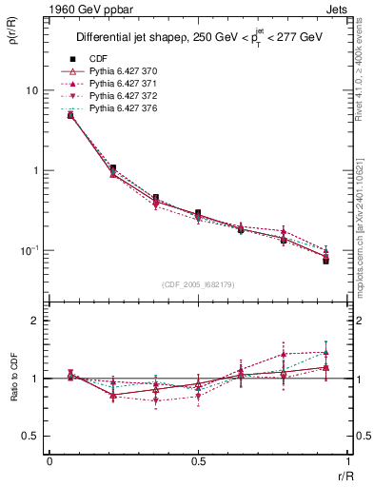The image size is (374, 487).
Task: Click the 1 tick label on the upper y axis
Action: coord(35,171)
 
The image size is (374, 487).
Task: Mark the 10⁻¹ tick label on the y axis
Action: coord(30,250)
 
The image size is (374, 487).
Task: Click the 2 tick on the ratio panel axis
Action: coord(35,321)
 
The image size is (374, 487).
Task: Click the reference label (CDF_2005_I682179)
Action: coord(198,284)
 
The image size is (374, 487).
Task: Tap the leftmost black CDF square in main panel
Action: coord(70,115)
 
